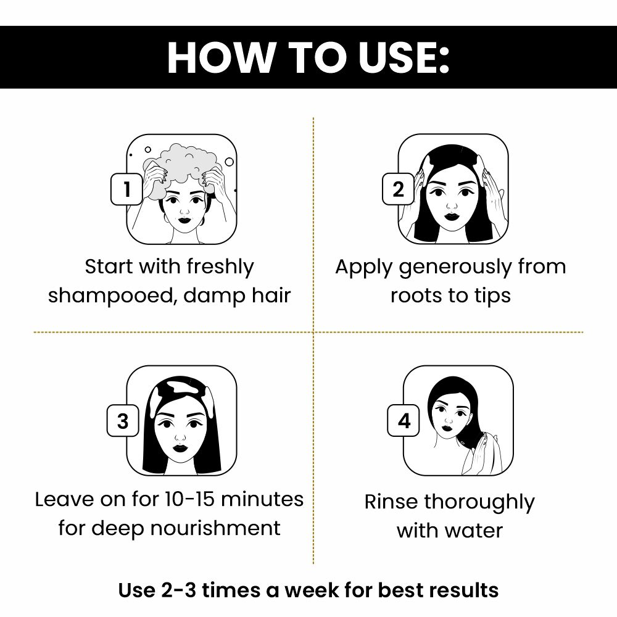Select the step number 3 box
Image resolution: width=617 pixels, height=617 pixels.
coord(122,421)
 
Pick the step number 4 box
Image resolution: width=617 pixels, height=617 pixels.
coord(404,421)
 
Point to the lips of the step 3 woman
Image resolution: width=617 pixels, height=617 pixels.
coord(181,446)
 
